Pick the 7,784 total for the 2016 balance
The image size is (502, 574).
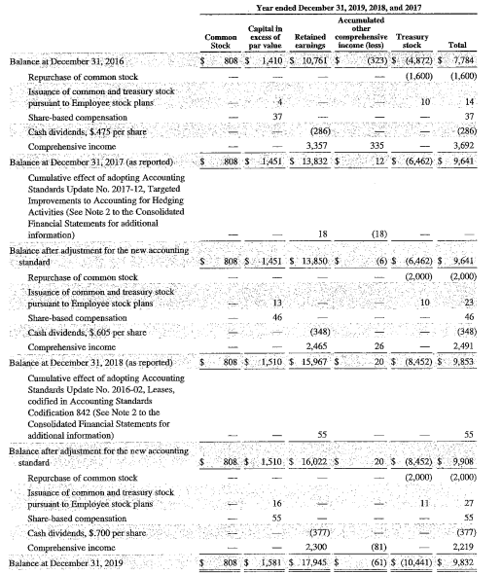coord(477,60)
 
